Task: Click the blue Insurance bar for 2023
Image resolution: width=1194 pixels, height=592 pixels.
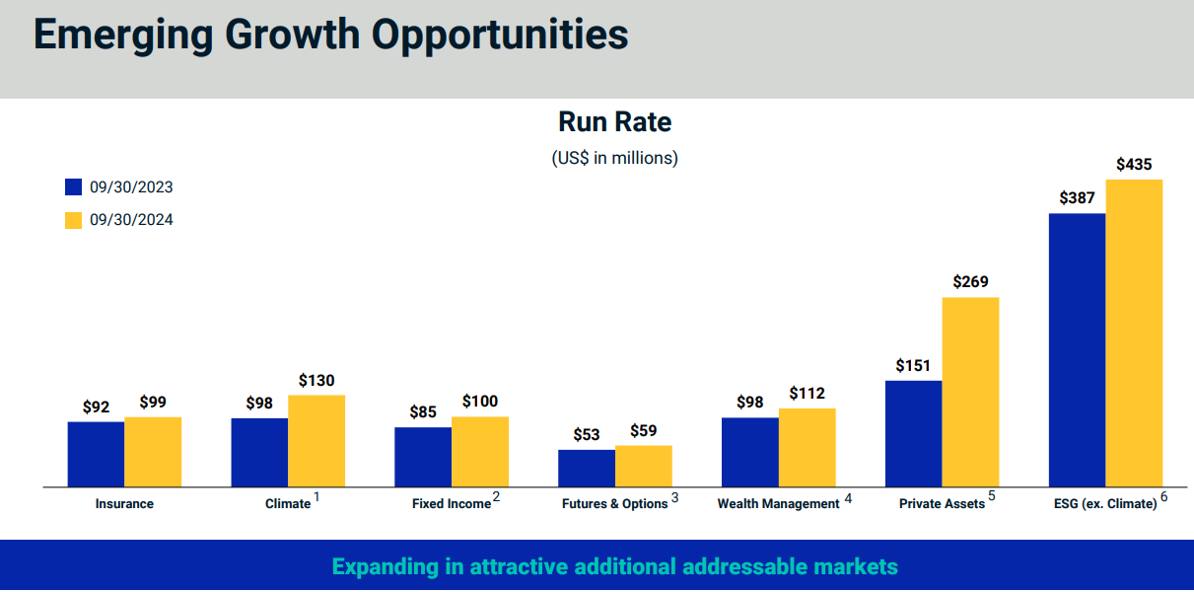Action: tap(96, 454)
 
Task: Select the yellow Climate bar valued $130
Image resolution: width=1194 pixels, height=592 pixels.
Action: tap(316, 441)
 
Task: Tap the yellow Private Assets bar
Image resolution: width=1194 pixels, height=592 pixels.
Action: tap(970, 392)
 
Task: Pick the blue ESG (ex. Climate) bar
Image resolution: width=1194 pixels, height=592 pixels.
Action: tap(1077, 350)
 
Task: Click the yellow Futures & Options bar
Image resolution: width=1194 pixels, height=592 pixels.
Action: tap(643, 466)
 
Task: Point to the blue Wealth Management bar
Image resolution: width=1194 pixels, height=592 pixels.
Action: tap(749, 452)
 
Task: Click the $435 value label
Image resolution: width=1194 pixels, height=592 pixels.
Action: tap(1134, 165)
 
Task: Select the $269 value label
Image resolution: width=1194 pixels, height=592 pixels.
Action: tap(970, 282)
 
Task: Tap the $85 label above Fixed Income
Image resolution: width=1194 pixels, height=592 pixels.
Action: tap(423, 412)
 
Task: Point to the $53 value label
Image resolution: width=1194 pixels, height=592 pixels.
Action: tap(587, 435)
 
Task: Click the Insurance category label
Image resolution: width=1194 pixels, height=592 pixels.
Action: tap(124, 504)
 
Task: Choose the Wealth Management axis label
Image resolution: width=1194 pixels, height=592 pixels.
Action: tap(778, 504)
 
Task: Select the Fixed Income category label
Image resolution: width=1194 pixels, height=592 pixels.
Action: tap(451, 504)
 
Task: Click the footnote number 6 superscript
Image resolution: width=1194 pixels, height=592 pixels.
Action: tap(1163, 497)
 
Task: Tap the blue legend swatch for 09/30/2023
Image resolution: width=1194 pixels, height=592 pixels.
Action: tap(73, 187)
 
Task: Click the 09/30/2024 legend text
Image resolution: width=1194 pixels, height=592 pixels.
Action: tap(131, 220)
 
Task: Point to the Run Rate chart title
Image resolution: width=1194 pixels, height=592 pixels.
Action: tap(614, 122)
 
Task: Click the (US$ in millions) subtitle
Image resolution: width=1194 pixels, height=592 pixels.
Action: tap(614, 158)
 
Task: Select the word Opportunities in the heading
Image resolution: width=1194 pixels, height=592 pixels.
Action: tap(500, 35)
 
